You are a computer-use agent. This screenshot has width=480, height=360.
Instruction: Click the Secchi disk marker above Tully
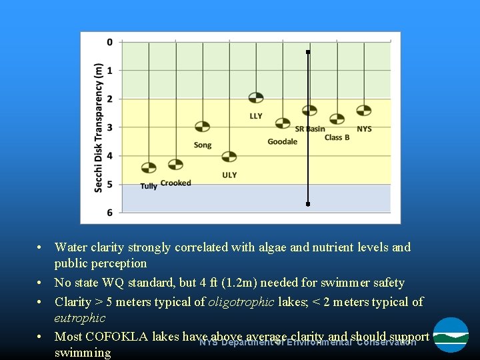click(x=149, y=167)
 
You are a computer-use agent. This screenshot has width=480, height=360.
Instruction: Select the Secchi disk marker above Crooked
click(x=175, y=164)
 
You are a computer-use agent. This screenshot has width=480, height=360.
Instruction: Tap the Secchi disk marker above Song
click(x=202, y=127)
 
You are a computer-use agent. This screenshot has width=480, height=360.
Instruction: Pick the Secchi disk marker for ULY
click(x=229, y=157)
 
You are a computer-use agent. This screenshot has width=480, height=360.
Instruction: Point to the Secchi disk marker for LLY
click(x=256, y=98)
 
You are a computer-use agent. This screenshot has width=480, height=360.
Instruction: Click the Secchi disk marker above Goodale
click(x=283, y=123)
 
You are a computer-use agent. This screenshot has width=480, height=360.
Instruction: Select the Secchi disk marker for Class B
click(x=337, y=119)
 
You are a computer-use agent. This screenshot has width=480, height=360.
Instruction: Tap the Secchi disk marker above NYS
click(x=363, y=110)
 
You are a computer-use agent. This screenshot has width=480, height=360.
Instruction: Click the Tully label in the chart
click(x=149, y=186)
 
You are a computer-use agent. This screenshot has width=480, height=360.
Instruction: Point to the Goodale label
click(x=282, y=141)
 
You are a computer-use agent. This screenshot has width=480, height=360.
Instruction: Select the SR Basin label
click(x=310, y=129)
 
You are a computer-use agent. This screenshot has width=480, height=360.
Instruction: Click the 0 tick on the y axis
click(x=110, y=42)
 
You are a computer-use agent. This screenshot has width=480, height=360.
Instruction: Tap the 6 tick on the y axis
click(x=110, y=213)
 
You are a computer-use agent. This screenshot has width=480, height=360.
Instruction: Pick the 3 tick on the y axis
click(x=110, y=127)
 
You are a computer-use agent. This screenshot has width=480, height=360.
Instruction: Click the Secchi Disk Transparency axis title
click(x=98, y=127)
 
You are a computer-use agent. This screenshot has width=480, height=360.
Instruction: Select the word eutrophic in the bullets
click(x=79, y=318)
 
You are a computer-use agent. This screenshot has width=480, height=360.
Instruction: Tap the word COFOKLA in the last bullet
click(x=117, y=337)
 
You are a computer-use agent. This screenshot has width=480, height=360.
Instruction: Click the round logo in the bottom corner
click(x=451, y=335)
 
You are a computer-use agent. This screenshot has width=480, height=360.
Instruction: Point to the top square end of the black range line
click(x=308, y=51)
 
